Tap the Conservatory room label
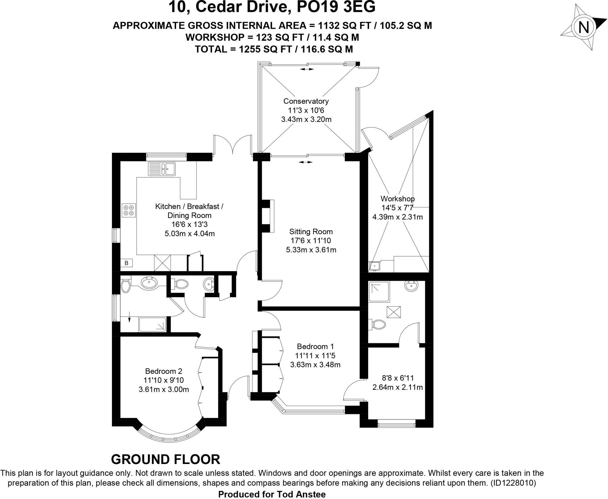[306, 101]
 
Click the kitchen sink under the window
[162, 169]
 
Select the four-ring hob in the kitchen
[129, 210]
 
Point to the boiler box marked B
[126, 263]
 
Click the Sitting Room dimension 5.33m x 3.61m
[311, 250]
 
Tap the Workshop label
[398, 198]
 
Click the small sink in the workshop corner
[375, 266]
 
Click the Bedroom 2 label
[164, 371]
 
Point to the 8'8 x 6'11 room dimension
[398, 378]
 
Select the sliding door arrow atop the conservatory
[306, 69]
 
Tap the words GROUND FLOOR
[165, 459]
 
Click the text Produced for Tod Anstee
[272, 494]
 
